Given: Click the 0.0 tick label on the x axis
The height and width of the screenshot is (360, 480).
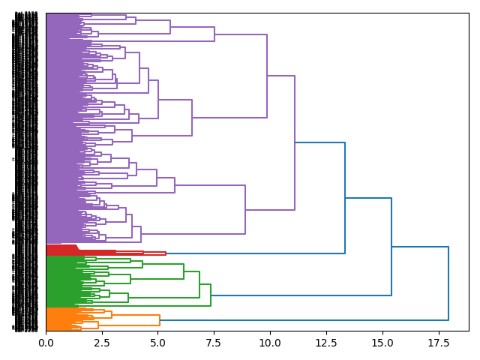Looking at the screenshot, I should point(46,343).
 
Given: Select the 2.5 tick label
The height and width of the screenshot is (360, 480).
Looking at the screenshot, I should point(102,343).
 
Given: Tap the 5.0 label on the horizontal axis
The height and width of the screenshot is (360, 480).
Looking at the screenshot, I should point(158,343).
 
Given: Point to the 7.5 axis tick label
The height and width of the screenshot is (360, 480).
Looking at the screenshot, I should point(214,343).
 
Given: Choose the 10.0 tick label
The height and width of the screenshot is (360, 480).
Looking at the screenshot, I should point(270,343).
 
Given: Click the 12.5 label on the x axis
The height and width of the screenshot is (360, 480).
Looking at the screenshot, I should point(326,343).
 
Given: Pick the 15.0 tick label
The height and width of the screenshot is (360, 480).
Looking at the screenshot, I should point(382,343).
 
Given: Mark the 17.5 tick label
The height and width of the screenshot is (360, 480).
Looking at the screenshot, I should point(438,343).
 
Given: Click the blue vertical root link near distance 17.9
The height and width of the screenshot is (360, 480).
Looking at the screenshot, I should point(448,283).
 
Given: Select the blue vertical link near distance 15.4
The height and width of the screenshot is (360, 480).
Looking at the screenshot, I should point(391,247).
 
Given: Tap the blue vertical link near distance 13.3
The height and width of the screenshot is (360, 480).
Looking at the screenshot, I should point(345,198).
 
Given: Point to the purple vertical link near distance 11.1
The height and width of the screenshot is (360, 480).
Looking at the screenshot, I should point(295,142).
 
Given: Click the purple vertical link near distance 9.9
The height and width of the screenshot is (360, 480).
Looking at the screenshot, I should point(267,76).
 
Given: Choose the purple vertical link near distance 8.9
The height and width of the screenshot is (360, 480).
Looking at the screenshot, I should point(245,209).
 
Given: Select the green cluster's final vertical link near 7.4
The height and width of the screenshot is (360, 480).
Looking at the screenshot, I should point(211,295).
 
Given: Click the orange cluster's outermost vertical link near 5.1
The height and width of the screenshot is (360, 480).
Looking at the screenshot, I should point(160,320).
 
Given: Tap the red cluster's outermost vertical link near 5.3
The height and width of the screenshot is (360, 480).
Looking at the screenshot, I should point(166,253).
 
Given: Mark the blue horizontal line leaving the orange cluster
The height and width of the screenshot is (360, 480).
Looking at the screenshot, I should point(300,320).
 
